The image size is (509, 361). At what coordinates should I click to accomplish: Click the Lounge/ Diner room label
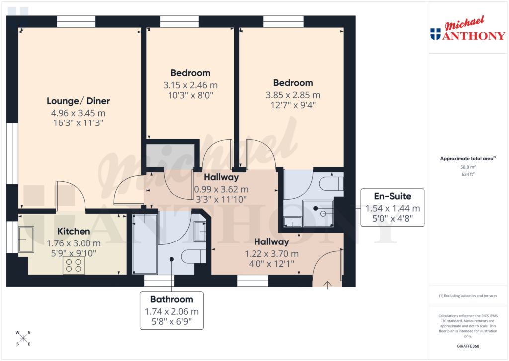tap(78, 101)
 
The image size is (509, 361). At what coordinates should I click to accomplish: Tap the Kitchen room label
tap(74, 231)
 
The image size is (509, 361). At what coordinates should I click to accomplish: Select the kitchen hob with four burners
tap(74, 266)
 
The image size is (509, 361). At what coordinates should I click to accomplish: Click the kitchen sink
tap(26, 241)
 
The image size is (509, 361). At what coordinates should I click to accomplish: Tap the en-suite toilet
tap(332, 183)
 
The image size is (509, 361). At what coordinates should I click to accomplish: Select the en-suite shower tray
tap(318, 213)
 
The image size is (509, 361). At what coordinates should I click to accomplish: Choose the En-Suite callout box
tap(392, 208)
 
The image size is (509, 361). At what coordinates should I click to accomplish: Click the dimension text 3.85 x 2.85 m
tap(293, 95)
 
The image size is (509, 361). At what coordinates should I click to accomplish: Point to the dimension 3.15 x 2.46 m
tap(190, 85)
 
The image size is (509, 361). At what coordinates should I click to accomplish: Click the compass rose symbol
tap(23, 338)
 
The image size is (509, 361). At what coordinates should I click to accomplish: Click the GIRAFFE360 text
tap(467, 346)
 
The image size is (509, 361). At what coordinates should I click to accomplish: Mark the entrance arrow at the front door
tap(327, 284)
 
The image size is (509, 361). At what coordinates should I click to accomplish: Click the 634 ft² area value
tap(467, 175)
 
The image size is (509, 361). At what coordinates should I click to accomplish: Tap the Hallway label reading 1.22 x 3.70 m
tap(271, 253)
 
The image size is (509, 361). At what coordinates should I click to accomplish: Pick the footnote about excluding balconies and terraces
tap(467, 296)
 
